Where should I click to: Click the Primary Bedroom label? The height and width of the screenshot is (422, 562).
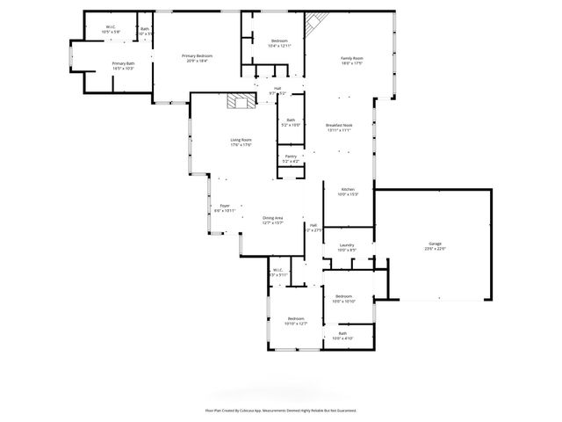coord(198,56)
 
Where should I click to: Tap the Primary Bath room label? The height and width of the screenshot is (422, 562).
coord(123,63)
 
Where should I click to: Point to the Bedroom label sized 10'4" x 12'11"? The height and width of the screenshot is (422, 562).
coord(279,41)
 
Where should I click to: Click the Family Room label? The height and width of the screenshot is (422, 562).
coord(352,59)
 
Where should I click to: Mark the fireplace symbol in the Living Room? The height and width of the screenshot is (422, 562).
coord(237,101)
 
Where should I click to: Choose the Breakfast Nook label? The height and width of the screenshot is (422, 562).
coord(339,126)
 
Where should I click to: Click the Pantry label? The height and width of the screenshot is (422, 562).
coord(290,156)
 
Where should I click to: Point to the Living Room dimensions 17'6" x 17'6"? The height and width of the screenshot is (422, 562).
coord(241,145)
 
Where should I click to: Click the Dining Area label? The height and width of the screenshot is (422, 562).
coord(273,218)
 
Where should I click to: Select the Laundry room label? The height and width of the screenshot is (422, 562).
coord(347,244)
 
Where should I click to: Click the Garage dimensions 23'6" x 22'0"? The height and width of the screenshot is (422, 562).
coord(435,249)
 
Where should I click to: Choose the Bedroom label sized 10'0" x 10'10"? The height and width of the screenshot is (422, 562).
coord(345,297)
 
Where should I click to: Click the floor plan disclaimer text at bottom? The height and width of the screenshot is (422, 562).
coord(281,410)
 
